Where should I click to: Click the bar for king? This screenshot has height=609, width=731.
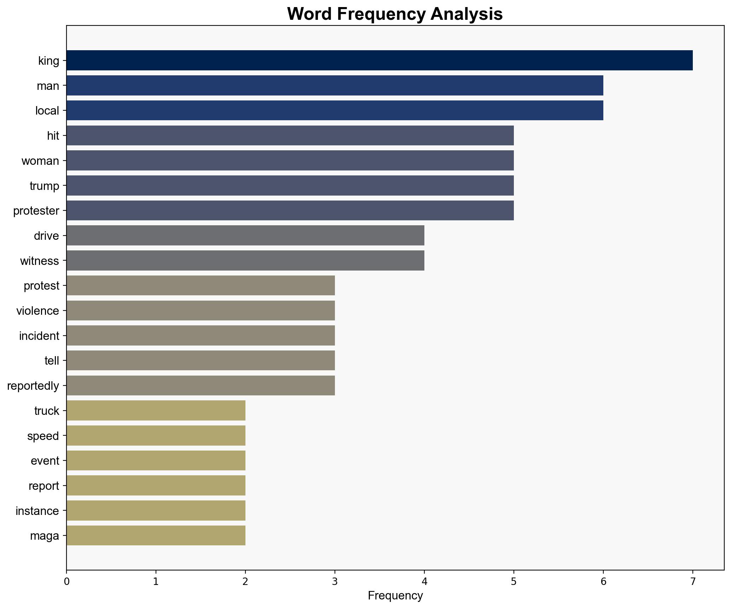tap(379, 60)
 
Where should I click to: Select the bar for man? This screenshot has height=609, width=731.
tap(335, 86)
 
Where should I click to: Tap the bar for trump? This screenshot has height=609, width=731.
tap(290, 186)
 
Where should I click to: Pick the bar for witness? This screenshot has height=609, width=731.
tap(245, 261)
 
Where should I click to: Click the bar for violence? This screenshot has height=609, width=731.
tap(201, 311)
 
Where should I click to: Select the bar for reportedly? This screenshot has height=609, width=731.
tap(201, 385)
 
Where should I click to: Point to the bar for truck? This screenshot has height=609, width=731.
tap(156, 411)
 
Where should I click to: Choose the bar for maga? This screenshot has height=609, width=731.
tap(156, 536)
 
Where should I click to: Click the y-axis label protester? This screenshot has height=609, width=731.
tap(36, 211)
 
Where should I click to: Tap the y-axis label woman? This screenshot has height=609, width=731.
tap(40, 161)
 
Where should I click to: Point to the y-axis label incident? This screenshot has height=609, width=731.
tap(39, 336)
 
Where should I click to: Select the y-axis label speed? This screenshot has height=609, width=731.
tap(43, 436)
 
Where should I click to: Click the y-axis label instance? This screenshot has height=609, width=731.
tap(37, 511)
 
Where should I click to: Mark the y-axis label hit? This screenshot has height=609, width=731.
tap(53, 136)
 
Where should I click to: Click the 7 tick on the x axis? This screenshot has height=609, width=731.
tap(692, 582)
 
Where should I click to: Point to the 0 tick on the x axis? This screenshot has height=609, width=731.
tap(66, 582)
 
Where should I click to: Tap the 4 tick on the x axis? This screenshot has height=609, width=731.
tap(424, 582)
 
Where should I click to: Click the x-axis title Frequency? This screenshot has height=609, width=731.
tap(395, 596)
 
